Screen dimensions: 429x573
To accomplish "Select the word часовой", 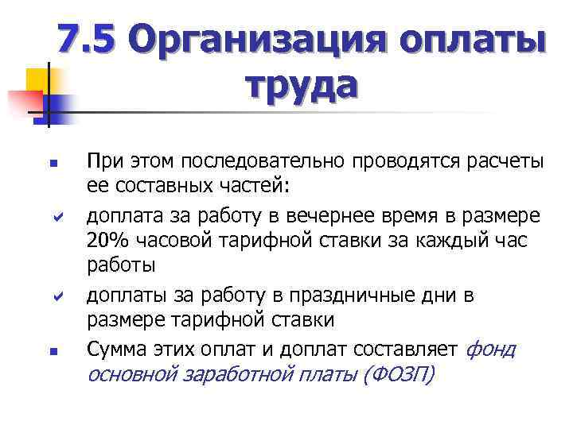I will coord(176,241).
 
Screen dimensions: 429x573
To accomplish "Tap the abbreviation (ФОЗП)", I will coord(398,375).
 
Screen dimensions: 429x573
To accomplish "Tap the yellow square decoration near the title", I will coord(37,79).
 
